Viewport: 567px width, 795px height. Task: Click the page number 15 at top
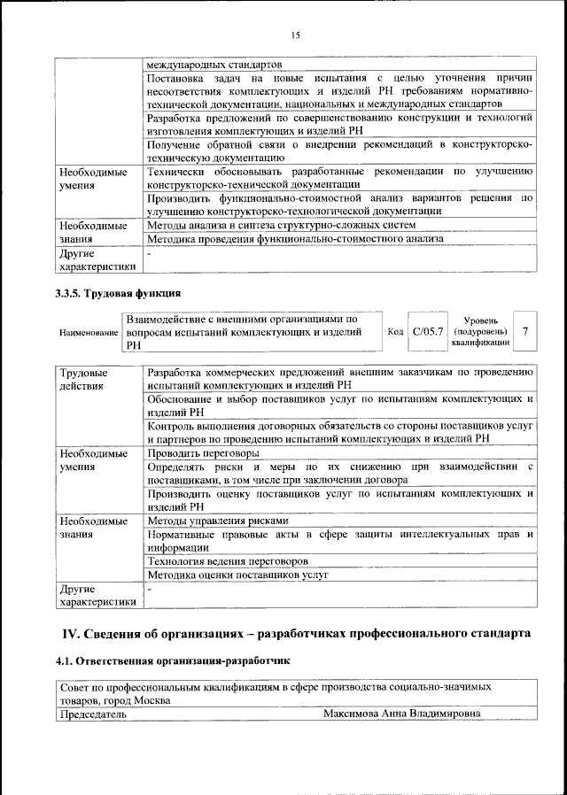[294, 35]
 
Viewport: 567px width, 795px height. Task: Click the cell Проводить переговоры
[202, 452]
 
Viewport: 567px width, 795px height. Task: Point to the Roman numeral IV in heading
[70, 633]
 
